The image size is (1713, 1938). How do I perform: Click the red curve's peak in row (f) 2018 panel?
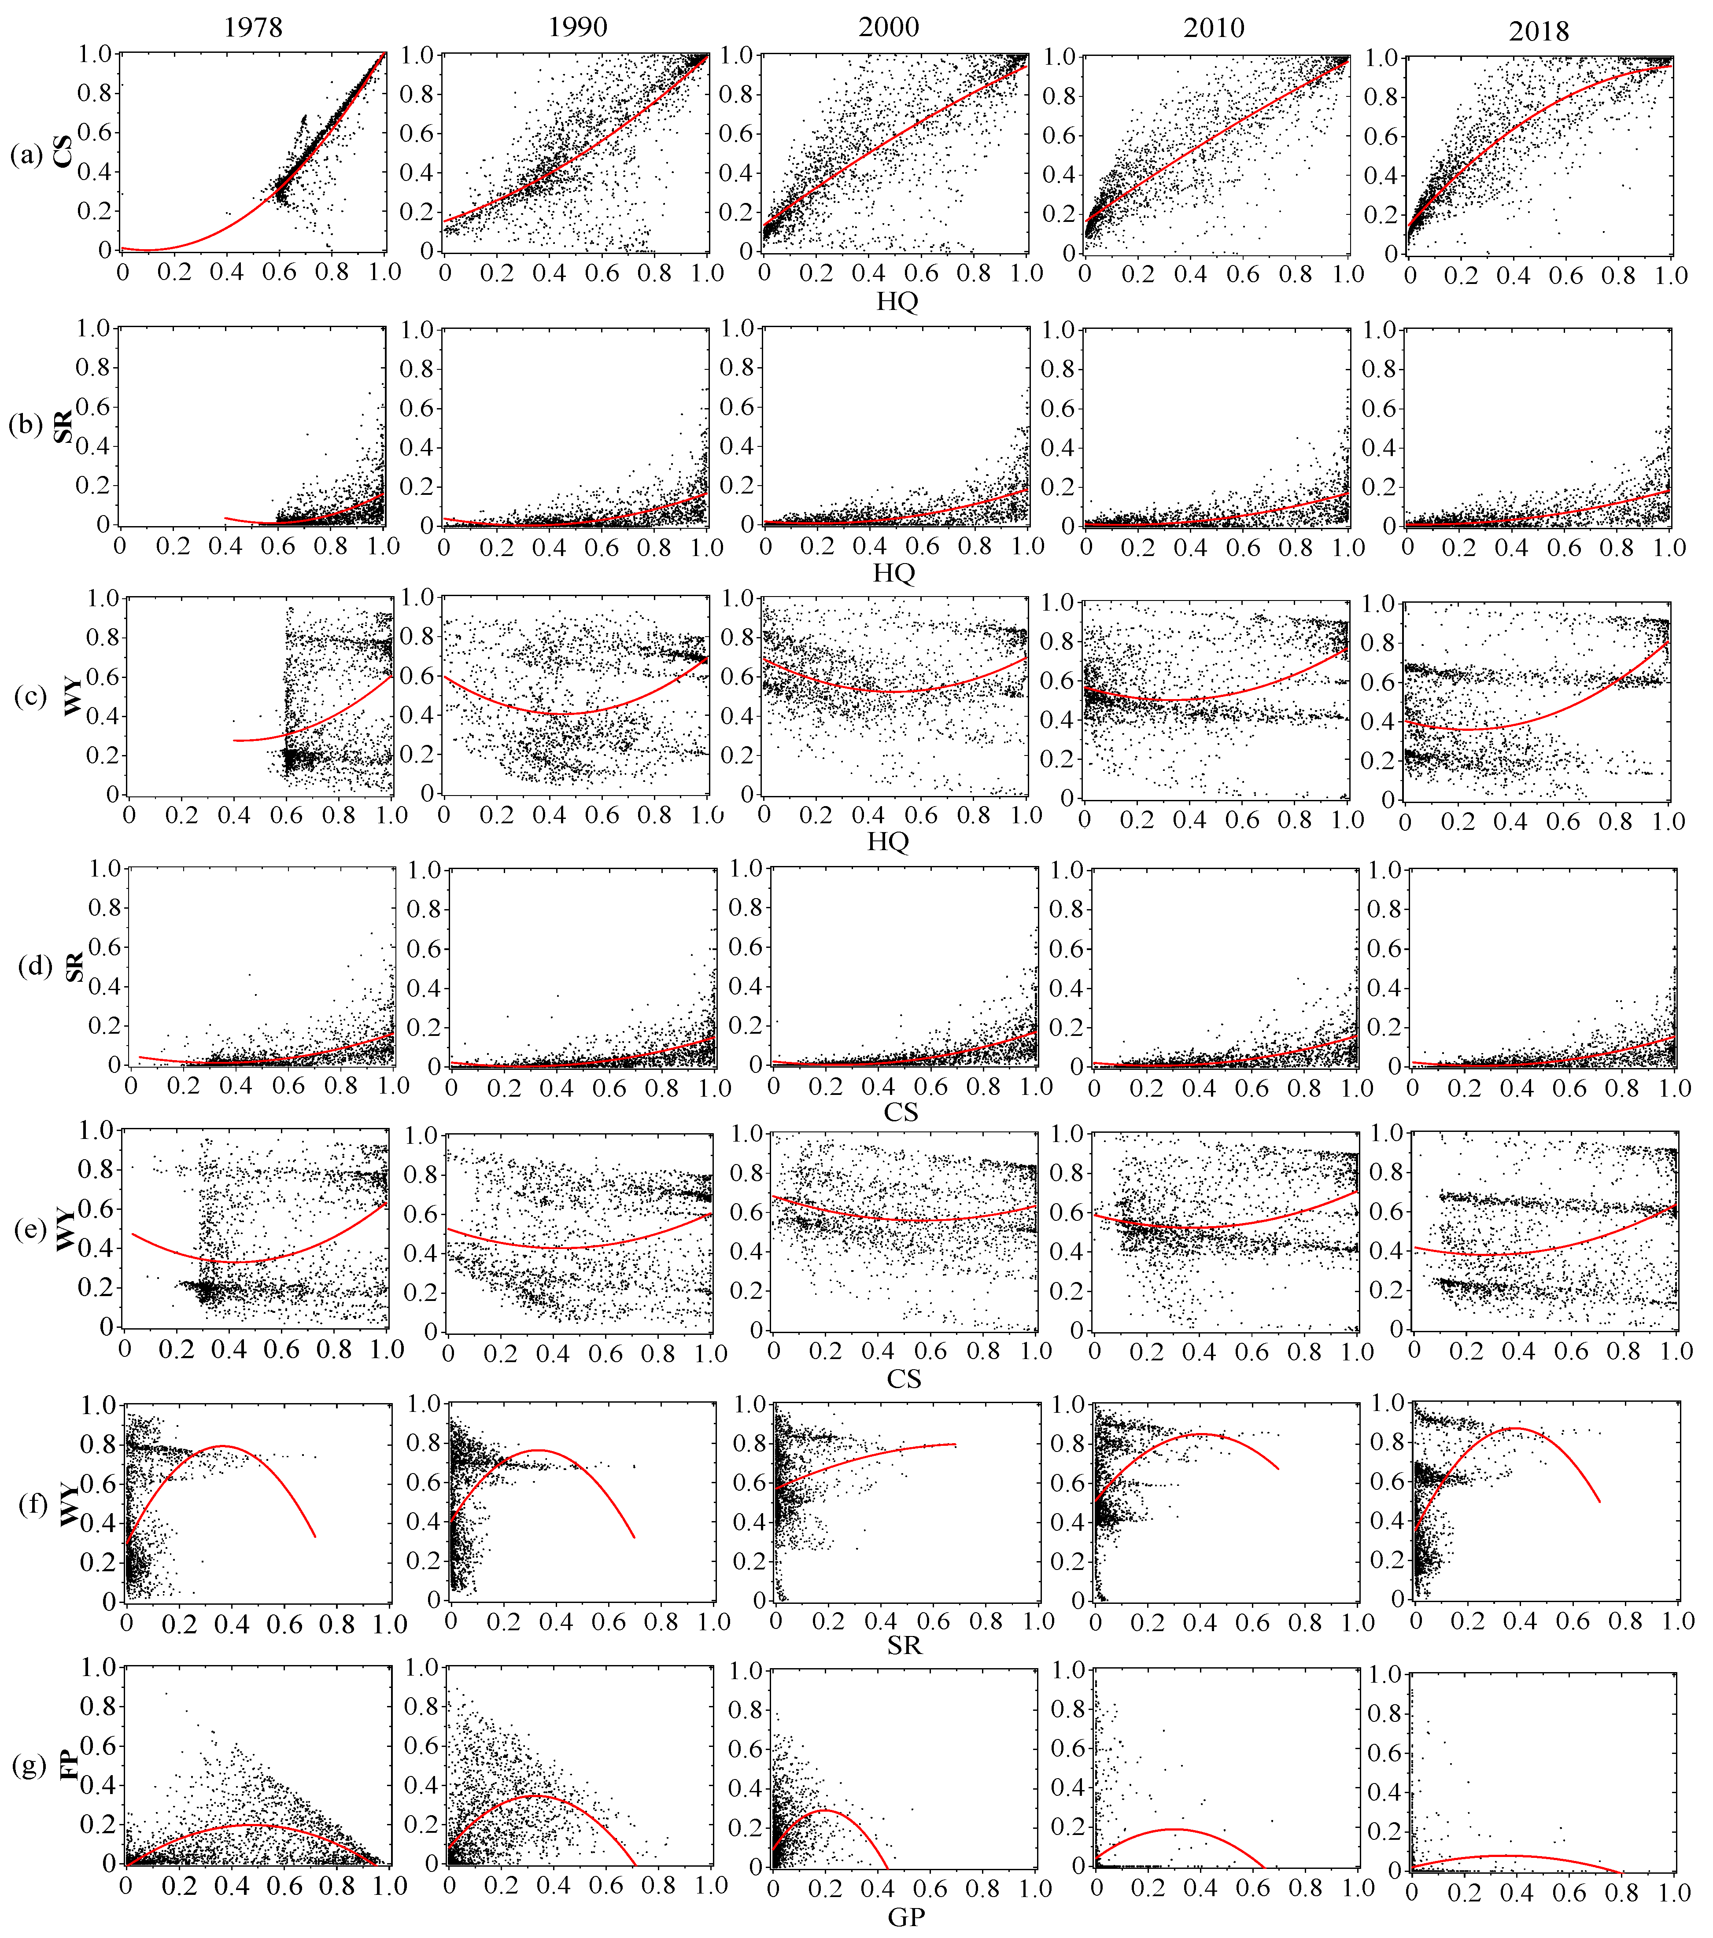pos(1516,1428)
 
